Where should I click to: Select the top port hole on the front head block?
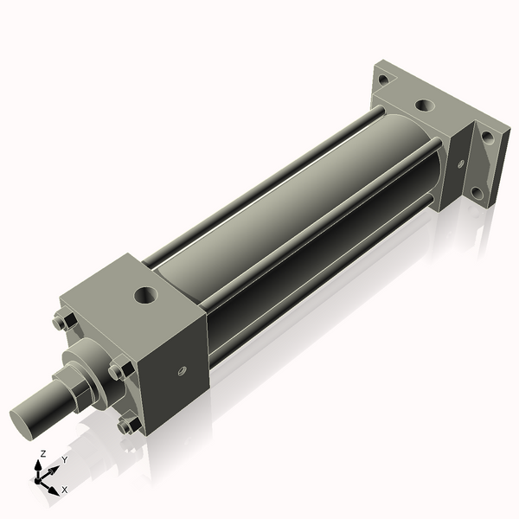[x=146, y=295]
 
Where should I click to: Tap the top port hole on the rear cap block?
[x=425, y=106]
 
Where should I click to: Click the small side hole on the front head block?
[x=182, y=371]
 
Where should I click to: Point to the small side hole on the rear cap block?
[x=461, y=163]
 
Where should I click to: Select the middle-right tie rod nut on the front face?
[x=121, y=369]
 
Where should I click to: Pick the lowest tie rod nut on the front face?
[x=129, y=425]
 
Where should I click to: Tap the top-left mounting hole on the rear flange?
[x=383, y=80]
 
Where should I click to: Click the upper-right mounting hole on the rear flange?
[x=487, y=138]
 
